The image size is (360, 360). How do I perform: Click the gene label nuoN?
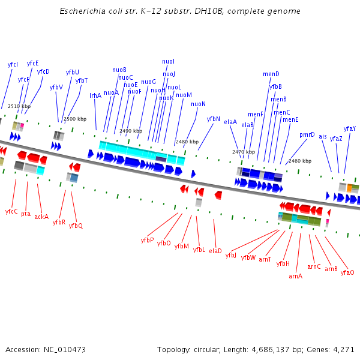coord(198,104)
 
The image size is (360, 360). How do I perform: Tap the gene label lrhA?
coord(95,95)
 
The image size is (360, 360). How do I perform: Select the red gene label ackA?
coord(41,217)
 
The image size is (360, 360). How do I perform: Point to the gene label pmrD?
coord(307,134)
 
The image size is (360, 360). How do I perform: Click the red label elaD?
coord(215,251)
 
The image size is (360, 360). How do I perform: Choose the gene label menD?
coord(271,74)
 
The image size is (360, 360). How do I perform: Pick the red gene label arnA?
coord(295,276)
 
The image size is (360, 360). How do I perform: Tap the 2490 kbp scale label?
coord(131,131)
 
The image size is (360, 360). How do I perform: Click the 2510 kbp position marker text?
coord(19,106)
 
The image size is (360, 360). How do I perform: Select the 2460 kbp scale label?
coord(300,161)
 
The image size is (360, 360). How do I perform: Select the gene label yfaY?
coord(350,128)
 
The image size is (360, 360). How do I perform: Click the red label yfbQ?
coord(76,226)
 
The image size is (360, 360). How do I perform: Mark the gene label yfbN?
coord(214,119)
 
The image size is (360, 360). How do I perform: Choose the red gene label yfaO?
coord(347,272)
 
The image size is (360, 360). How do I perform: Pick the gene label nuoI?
coord(169,61)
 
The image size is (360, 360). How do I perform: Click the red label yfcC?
coord(11,211)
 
